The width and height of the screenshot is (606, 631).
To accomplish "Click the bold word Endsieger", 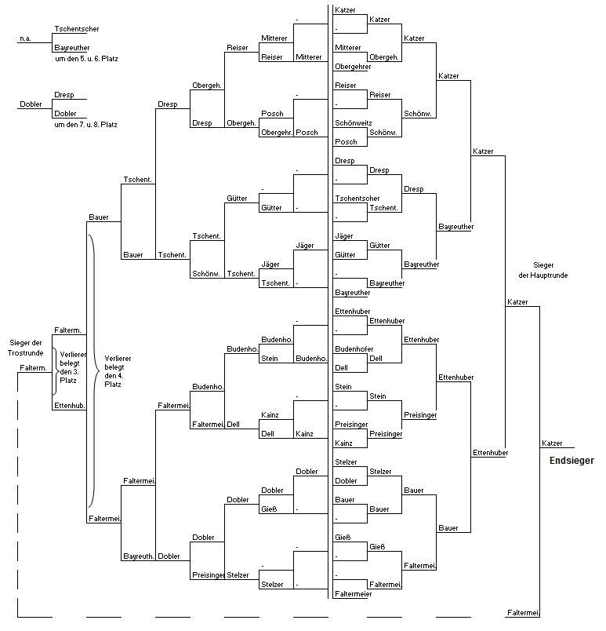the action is [x=572, y=461].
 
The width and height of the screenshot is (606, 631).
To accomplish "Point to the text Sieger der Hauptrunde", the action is [x=543, y=270].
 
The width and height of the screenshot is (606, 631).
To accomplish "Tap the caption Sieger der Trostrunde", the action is [x=25, y=348].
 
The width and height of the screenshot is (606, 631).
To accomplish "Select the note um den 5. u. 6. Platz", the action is [x=86, y=58].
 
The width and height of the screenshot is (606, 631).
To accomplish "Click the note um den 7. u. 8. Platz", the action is [x=86, y=124].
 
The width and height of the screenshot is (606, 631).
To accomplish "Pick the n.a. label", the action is [x=25, y=38].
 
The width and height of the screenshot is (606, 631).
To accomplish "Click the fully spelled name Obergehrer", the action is [x=353, y=67].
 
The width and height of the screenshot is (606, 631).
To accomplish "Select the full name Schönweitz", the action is [x=354, y=122].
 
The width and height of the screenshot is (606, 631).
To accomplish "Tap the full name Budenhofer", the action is [x=354, y=349].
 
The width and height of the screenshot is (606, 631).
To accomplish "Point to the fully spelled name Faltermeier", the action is [x=354, y=593].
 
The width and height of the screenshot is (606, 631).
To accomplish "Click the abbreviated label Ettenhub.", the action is [x=70, y=405].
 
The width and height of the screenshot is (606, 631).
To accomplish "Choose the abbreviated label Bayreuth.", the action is [x=138, y=556].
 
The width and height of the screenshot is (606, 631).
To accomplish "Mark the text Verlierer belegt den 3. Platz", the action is [x=72, y=367].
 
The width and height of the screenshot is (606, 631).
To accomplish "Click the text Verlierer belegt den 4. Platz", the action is [x=118, y=371].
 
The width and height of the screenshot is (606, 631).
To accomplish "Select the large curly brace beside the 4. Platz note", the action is [x=94, y=371].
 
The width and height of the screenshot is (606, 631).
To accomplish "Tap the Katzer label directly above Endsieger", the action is [x=552, y=443].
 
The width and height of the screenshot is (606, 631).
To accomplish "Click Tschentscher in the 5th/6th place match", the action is [x=76, y=28].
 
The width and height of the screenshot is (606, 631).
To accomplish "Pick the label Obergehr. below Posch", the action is [x=277, y=133].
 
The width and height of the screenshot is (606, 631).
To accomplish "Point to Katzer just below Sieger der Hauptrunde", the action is [x=517, y=302].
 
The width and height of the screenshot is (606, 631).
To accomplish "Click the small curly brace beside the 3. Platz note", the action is [x=55, y=371].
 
